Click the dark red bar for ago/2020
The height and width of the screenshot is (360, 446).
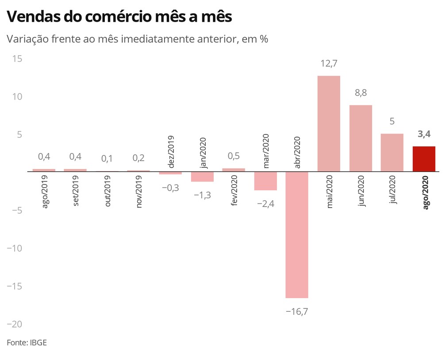(x=424, y=159)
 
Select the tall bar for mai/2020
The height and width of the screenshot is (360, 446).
(x=329, y=123)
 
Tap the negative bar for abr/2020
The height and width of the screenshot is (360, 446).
(x=297, y=234)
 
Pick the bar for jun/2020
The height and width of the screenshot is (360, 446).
(x=361, y=138)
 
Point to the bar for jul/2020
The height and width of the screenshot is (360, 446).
(x=392, y=152)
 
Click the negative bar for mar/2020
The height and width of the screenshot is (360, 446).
(x=265, y=181)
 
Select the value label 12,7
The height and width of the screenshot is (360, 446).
(x=329, y=64)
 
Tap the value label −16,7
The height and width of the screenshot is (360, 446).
(x=296, y=312)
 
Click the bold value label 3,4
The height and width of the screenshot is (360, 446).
(x=424, y=134)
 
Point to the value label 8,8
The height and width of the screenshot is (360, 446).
(x=361, y=93)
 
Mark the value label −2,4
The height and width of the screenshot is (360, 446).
(x=265, y=204)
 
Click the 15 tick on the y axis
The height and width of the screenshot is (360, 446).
(x=16, y=59)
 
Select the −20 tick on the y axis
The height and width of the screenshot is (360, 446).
(x=14, y=324)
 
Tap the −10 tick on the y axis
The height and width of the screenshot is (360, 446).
(x=14, y=248)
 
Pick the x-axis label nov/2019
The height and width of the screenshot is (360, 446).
(x=139, y=192)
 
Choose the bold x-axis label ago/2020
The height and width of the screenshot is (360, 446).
(x=426, y=193)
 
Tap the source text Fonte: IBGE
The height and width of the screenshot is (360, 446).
(x=27, y=343)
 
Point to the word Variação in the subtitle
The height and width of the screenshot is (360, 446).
(x=27, y=39)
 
